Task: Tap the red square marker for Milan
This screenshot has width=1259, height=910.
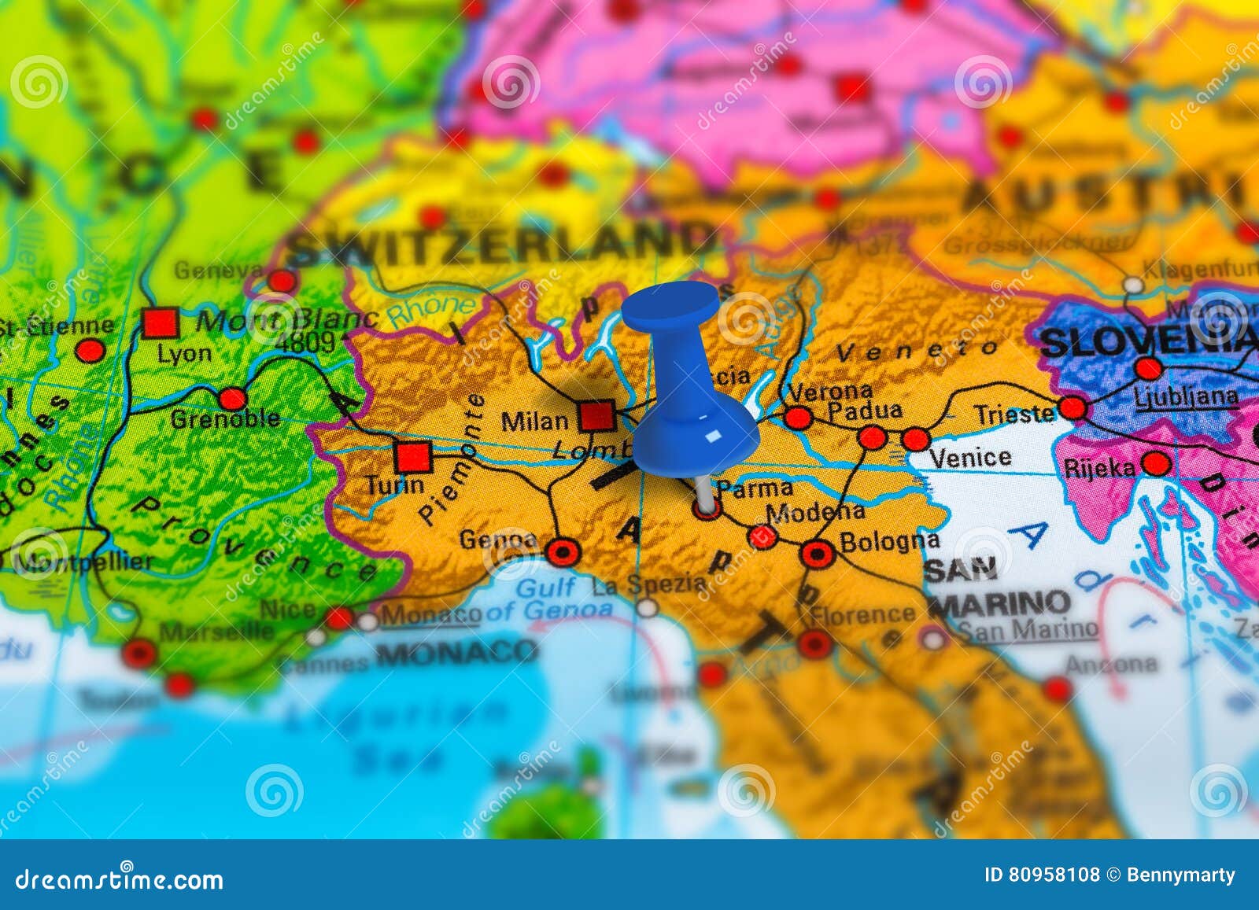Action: tap(596, 415)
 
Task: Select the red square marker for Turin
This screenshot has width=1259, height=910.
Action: tap(412, 456)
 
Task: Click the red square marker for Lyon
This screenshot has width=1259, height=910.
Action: tap(161, 322)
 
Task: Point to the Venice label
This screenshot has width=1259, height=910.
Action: tap(969, 458)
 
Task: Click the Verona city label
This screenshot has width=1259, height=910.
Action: tap(829, 391)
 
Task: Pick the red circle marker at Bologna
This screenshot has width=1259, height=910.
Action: tap(818, 554)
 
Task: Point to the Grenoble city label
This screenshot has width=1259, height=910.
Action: tap(225, 419)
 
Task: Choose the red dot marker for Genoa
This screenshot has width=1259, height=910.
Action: tap(563, 552)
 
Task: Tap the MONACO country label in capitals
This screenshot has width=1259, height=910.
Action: tap(456, 652)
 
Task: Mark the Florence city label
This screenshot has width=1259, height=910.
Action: tap(862, 613)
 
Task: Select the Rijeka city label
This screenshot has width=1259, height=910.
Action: tap(1099, 469)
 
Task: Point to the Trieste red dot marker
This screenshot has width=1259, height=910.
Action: tap(1073, 408)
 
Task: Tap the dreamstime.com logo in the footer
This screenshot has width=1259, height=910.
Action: tap(120, 879)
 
